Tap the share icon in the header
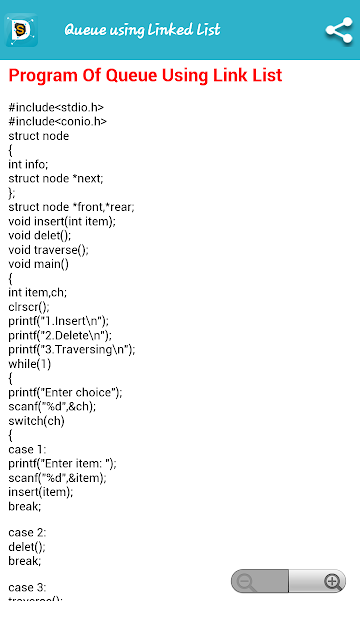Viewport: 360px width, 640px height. pos(339,30)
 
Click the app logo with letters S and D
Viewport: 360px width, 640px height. pos(21,30)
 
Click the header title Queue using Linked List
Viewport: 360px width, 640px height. pos(142,30)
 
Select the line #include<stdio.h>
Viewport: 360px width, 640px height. pos(56,107)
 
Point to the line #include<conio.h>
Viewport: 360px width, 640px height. pos(58,121)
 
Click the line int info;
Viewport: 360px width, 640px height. pos(28,164)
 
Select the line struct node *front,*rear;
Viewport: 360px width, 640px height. pos(71,207)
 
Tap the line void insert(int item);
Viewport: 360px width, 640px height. pos(62,221)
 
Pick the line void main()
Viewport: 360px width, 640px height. pos(38,264)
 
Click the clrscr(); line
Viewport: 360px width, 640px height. pos(29,307)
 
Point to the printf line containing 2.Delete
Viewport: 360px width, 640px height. pos(60,336)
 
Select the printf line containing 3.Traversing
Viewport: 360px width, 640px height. pos(72,350)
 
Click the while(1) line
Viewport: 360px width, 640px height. pos(30,364)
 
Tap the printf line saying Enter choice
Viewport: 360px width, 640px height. pos(65,393)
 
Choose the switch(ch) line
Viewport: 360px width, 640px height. pos(36,421)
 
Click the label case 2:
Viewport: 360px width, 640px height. pos(27,533)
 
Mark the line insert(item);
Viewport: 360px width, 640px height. pos(41,492)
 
